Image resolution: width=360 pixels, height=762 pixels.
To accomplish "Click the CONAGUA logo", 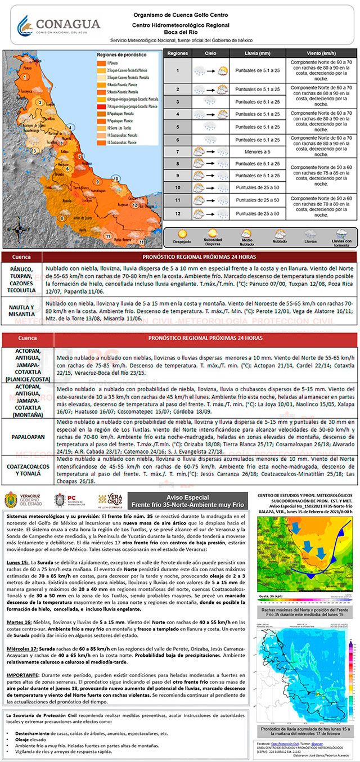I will (x=58, y=26).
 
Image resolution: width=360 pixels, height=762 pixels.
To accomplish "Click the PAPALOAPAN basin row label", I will (x=28, y=436).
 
